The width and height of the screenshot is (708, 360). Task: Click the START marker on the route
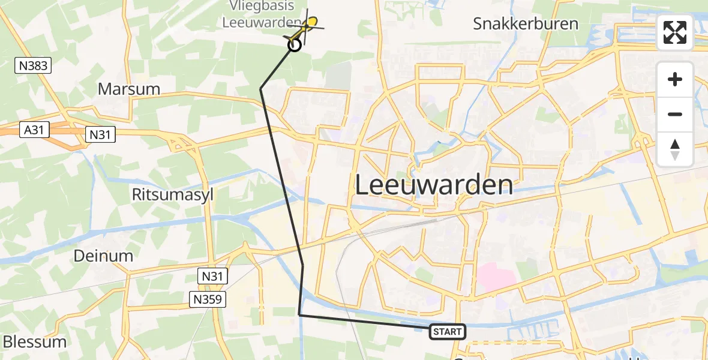point(448,332)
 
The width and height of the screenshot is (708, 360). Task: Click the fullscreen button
point(675,32)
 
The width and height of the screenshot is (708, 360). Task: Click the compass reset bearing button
point(675,149)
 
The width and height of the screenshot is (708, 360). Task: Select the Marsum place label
point(129,89)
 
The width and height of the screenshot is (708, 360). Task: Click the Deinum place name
point(103,256)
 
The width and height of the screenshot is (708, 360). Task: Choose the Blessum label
point(35,342)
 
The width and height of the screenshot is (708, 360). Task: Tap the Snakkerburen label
point(526,24)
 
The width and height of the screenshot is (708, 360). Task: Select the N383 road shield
point(34,65)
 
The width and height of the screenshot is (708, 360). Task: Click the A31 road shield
point(34,130)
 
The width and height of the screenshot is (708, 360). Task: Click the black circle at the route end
point(295,45)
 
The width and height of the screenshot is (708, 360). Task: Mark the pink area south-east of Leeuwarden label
point(496,278)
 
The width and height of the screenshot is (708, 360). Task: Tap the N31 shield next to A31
point(100,134)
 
